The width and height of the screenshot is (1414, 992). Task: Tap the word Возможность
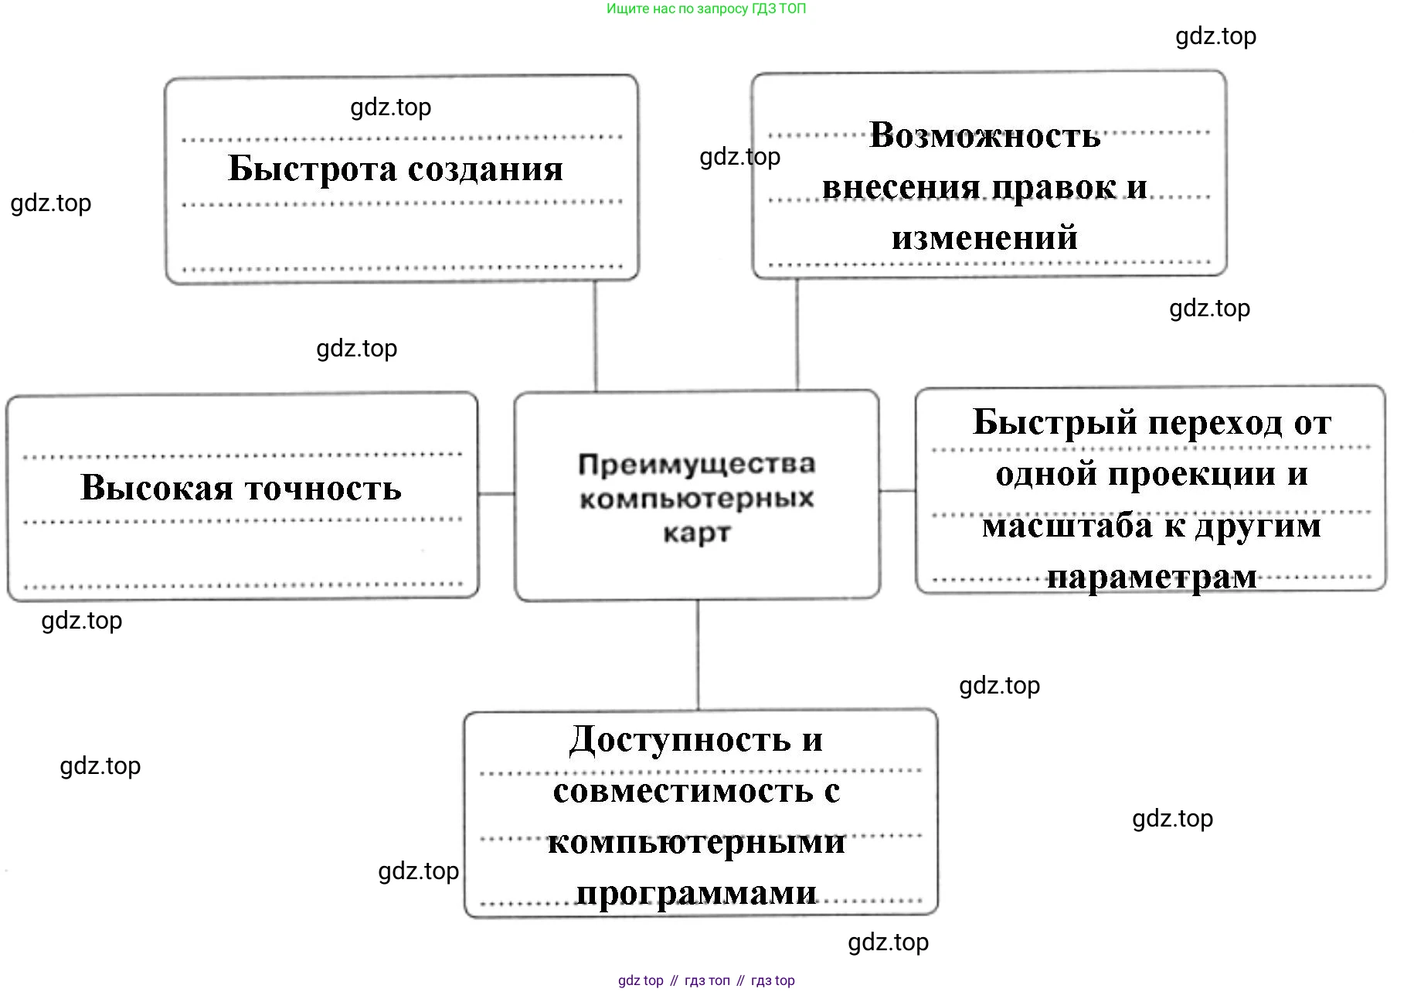[x=984, y=136]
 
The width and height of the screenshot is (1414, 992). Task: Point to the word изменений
[x=984, y=237]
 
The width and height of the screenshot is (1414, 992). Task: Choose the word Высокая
[x=157, y=488]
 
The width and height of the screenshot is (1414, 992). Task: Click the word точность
[x=323, y=488]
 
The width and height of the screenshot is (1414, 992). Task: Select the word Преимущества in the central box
[x=697, y=464]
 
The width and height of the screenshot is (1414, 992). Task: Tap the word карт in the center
[x=697, y=533]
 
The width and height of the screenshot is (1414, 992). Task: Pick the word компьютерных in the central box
[x=697, y=499]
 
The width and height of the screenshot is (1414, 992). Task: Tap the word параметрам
[x=1152, y=577]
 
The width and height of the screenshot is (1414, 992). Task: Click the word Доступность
[x=680, y=740]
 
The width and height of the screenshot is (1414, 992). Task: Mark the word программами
[x=697, y=893]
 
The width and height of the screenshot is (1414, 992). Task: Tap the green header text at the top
[x=706, y=9]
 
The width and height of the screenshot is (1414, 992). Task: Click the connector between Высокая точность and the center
[x=496, y=493]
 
